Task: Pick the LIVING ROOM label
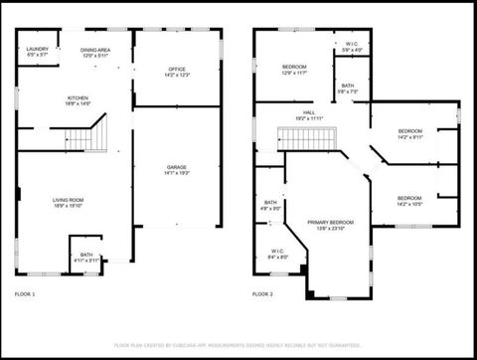pos(69,203)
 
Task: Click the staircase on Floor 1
pos(88,134)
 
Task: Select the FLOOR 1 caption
pos(25,294)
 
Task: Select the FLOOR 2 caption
pos(262,294)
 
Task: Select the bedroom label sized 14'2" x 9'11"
pos(409,134)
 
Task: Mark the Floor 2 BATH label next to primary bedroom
pos(270,205)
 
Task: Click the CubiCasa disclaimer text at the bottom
pos(238,344)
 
